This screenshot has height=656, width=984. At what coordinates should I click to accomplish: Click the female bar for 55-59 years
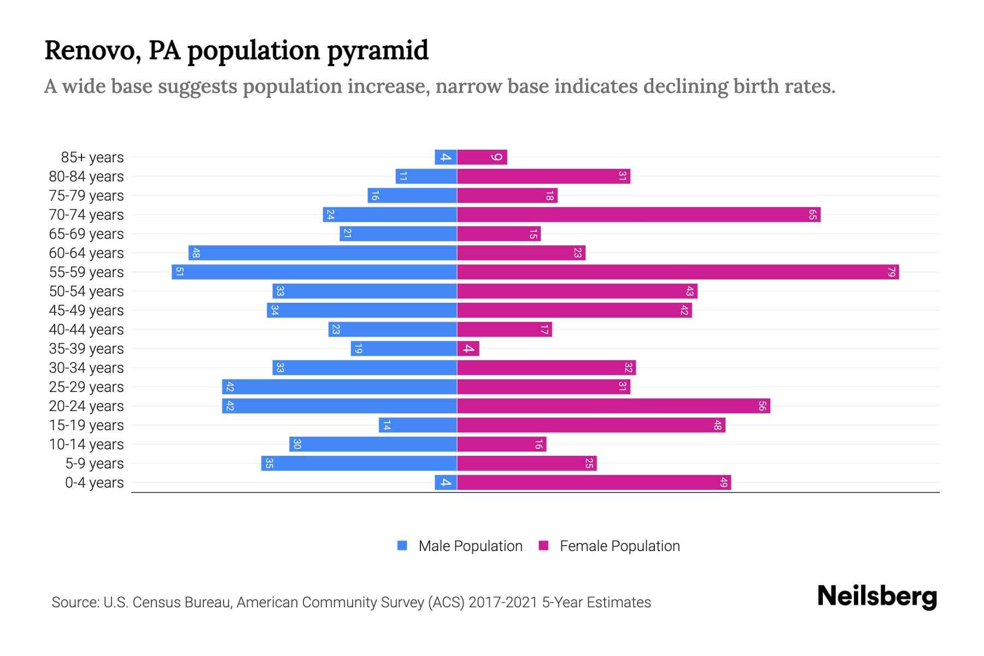click(678, 272)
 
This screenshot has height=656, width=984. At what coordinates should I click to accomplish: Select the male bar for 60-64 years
click(323, 253)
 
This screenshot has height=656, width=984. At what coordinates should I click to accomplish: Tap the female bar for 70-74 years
click(639, 214)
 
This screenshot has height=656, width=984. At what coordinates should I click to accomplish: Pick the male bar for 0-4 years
click(446, 482)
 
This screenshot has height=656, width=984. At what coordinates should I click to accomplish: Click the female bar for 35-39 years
click(468, 348)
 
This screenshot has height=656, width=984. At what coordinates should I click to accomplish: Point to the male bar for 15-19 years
click(418, 425)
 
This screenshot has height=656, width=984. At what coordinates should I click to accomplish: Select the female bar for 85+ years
click(482, 157)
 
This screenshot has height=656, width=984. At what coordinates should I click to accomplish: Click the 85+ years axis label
click(92, 157)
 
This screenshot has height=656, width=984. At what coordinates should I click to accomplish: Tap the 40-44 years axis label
click(86, 330)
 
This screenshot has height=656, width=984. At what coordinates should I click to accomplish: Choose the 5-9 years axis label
click(94, 464)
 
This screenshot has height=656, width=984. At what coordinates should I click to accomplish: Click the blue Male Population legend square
click(402, 546)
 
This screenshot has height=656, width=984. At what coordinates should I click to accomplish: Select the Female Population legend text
click(619, 546)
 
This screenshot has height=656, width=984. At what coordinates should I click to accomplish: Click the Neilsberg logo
click(877, 596)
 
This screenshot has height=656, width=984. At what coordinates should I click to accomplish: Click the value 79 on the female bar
click(891, 272)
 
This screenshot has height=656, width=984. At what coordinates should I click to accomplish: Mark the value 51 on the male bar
click(179, 272)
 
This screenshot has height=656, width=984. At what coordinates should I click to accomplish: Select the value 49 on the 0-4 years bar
click(723, 482)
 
